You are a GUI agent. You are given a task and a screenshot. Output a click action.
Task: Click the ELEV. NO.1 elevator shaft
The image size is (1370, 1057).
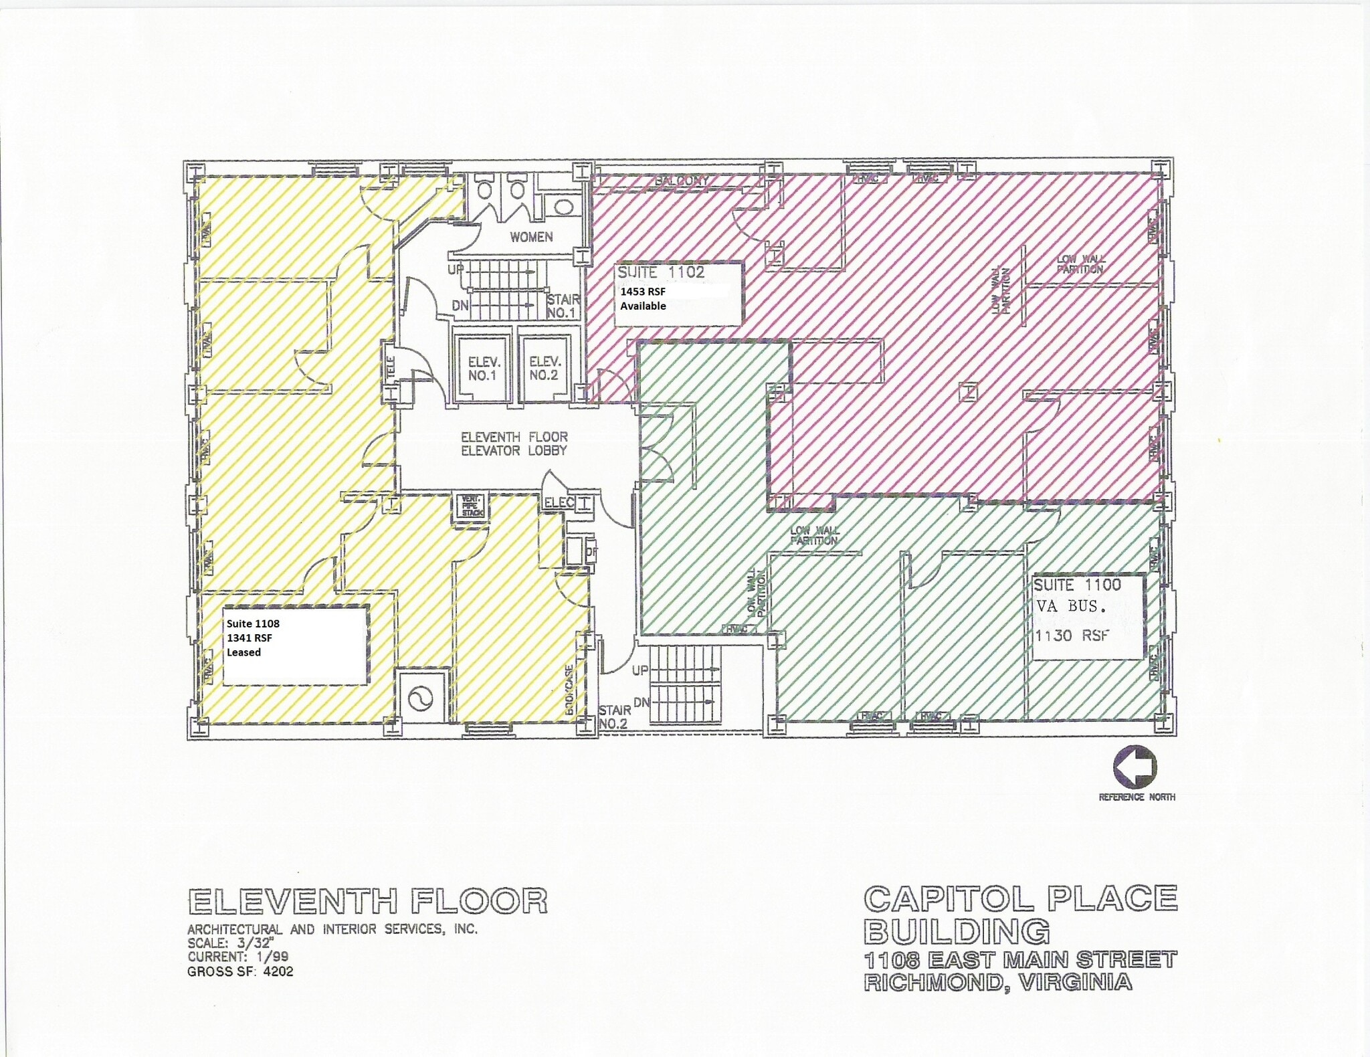482,368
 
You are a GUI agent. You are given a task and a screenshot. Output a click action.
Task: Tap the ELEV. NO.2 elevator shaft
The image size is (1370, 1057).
543,368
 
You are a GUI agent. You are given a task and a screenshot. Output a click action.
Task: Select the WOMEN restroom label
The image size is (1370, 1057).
531,237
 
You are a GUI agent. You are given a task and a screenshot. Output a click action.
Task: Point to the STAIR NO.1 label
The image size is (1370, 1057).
562,306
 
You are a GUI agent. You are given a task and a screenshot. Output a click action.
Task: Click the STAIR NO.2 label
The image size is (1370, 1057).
614,716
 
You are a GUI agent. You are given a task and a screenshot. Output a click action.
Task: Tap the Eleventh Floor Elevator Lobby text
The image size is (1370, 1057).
514,444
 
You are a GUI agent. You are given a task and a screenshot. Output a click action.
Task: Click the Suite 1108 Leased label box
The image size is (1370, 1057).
295,645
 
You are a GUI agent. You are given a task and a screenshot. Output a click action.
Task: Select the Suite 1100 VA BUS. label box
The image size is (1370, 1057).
1087,616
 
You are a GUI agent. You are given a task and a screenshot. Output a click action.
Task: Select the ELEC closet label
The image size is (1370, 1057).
559,502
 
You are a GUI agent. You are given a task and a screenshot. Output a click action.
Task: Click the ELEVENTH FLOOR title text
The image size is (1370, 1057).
368,901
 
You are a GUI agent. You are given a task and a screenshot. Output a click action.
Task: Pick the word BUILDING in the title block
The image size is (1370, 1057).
957,931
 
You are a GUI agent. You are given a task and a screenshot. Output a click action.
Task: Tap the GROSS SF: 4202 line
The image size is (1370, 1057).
240,971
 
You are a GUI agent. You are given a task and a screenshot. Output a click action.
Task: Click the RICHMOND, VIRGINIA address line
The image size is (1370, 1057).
997,982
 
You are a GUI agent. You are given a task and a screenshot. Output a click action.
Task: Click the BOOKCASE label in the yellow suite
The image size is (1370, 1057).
569,690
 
